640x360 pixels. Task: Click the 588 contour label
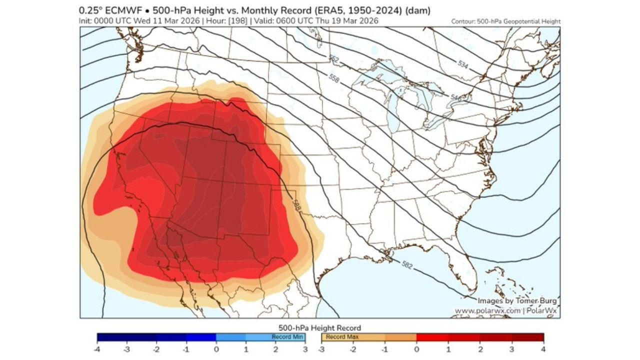[x=296, y=205]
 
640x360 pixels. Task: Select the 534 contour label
[x=463, y=63]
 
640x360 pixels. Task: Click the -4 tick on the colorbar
[x=97, y=348]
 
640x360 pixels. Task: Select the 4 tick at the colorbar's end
[x=543, y=348]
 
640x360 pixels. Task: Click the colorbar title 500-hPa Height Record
[x=319, y=328]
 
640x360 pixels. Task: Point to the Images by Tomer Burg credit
[x=516, y=301]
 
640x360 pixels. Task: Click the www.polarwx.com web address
[x=487, y=311]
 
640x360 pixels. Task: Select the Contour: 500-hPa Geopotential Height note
[x=505, y=21]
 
